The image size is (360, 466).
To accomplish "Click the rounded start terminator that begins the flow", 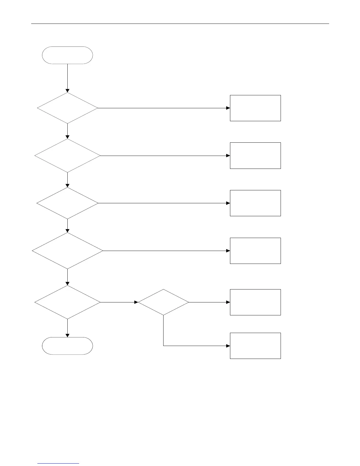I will coord(67,55).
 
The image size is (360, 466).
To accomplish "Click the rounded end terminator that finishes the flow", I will coord(67,346).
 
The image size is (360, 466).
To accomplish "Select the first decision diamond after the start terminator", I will coord(67,108).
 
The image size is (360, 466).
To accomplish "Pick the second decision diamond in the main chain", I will coord(67,155).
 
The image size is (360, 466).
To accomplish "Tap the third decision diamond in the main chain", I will coord(67,203).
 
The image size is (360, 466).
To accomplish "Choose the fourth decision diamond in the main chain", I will coord(67,251).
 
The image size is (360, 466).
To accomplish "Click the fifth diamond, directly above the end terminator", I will coord(67,302).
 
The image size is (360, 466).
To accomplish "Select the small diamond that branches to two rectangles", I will coord(163,302).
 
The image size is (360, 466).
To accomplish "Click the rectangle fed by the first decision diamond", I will coord(255,108).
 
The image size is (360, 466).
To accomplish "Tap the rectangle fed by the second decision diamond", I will coord(255,155).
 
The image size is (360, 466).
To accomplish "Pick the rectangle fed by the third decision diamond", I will coord(255,203).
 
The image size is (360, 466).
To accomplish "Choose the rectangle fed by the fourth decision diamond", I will coord(255,251).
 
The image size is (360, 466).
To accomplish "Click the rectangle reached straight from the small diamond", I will coord(255,302).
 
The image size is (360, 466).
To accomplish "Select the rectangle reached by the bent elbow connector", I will coord(255,346).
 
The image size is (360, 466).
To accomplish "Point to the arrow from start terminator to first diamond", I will coord(67,78).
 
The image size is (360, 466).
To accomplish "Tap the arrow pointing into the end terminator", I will coord(67,328).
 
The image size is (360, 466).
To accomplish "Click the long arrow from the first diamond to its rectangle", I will coord(163,108).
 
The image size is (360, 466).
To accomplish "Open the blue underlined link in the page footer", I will coord(59,463).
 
